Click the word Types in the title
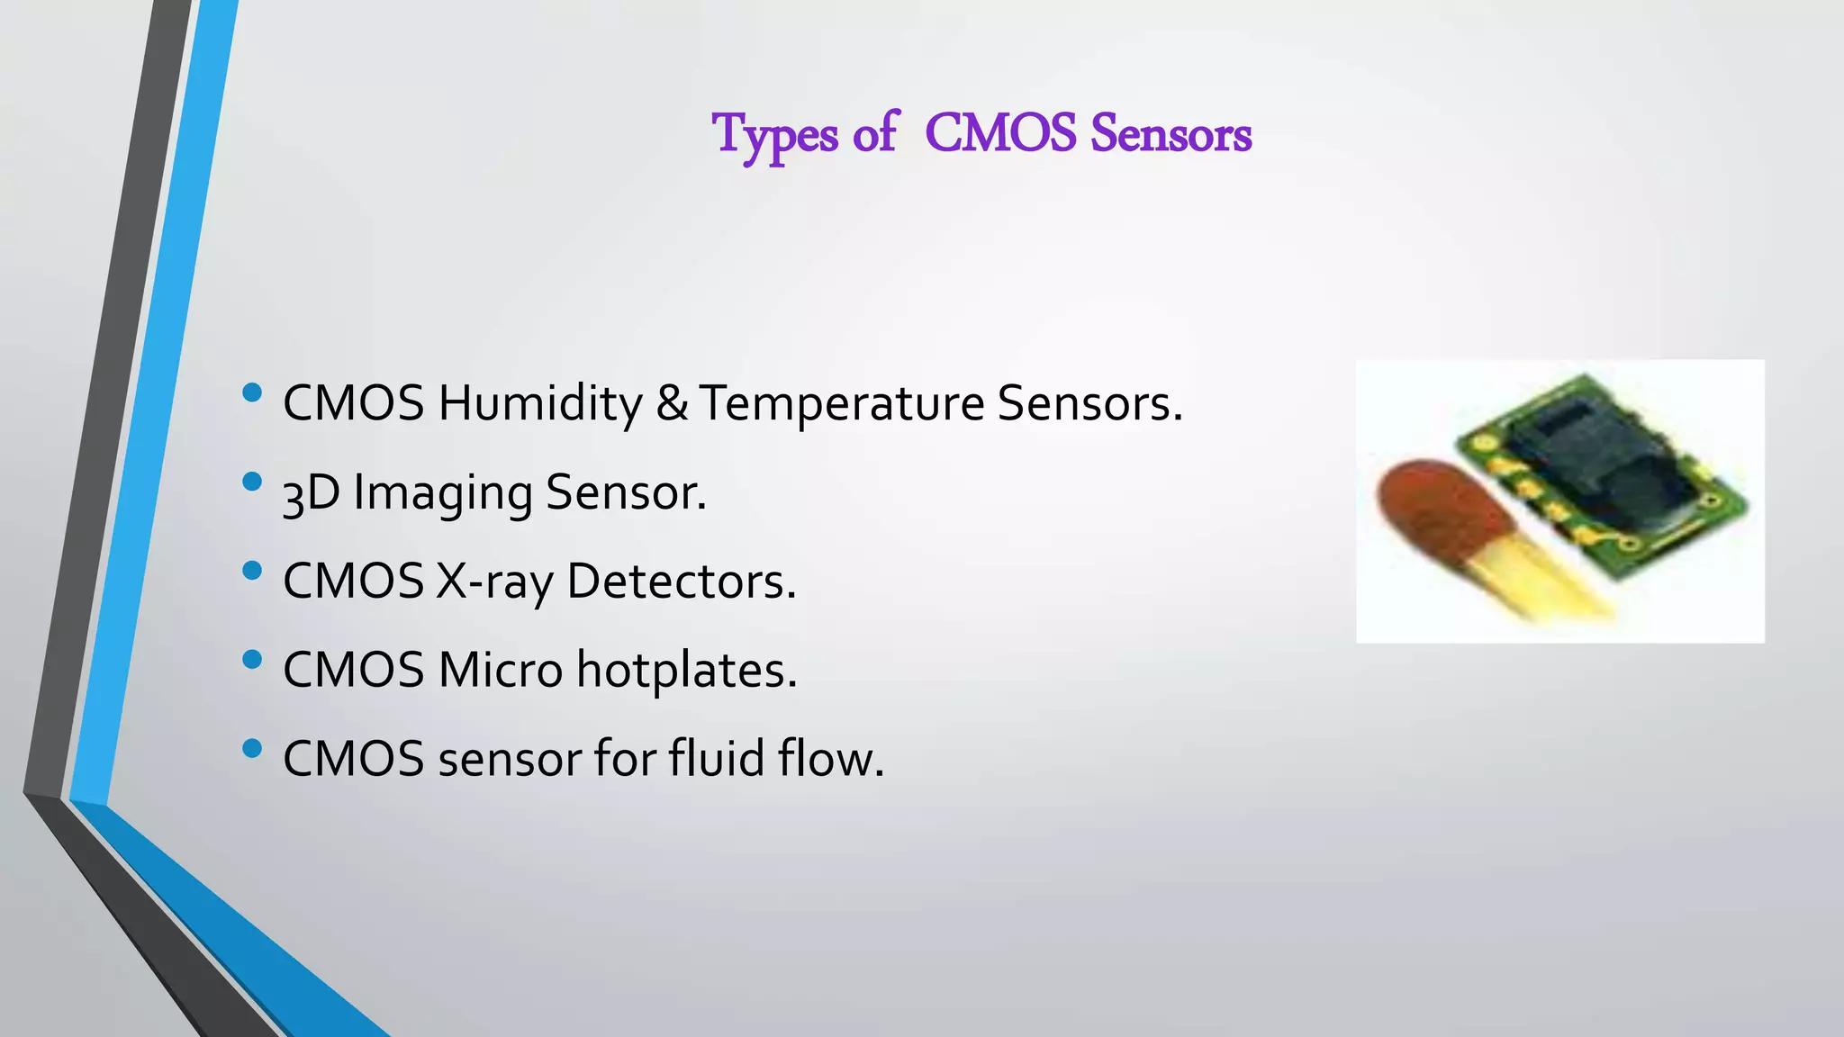[774, 135]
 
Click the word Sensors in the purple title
[1171, 134]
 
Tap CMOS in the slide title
[1000, 134]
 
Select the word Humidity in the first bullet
[539, 402]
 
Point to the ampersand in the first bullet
[672, 402]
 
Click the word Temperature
[841, 402]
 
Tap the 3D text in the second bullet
[310, 493]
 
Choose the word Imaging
[442, 493]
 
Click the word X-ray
[494, 581]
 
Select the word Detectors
[681, 581]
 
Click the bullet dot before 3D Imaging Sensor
[252, 482]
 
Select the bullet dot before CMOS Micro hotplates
[252, 660]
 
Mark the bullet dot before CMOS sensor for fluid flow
[252, 748]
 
